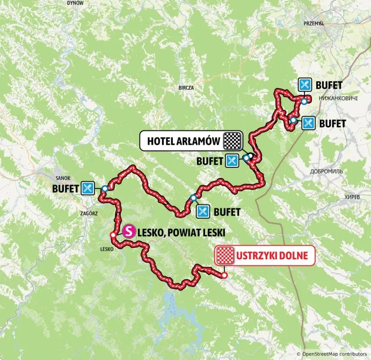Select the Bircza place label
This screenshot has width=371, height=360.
186,88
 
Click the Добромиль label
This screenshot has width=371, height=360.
326,171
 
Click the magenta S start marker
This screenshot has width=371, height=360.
129,231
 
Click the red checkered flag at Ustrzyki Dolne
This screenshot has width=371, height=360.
225,256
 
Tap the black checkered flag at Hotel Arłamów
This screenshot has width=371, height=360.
233,141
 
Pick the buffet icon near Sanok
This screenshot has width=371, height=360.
87,188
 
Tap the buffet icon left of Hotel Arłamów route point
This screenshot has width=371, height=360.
232,160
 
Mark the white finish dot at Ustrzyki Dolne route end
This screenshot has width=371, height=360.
224,274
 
